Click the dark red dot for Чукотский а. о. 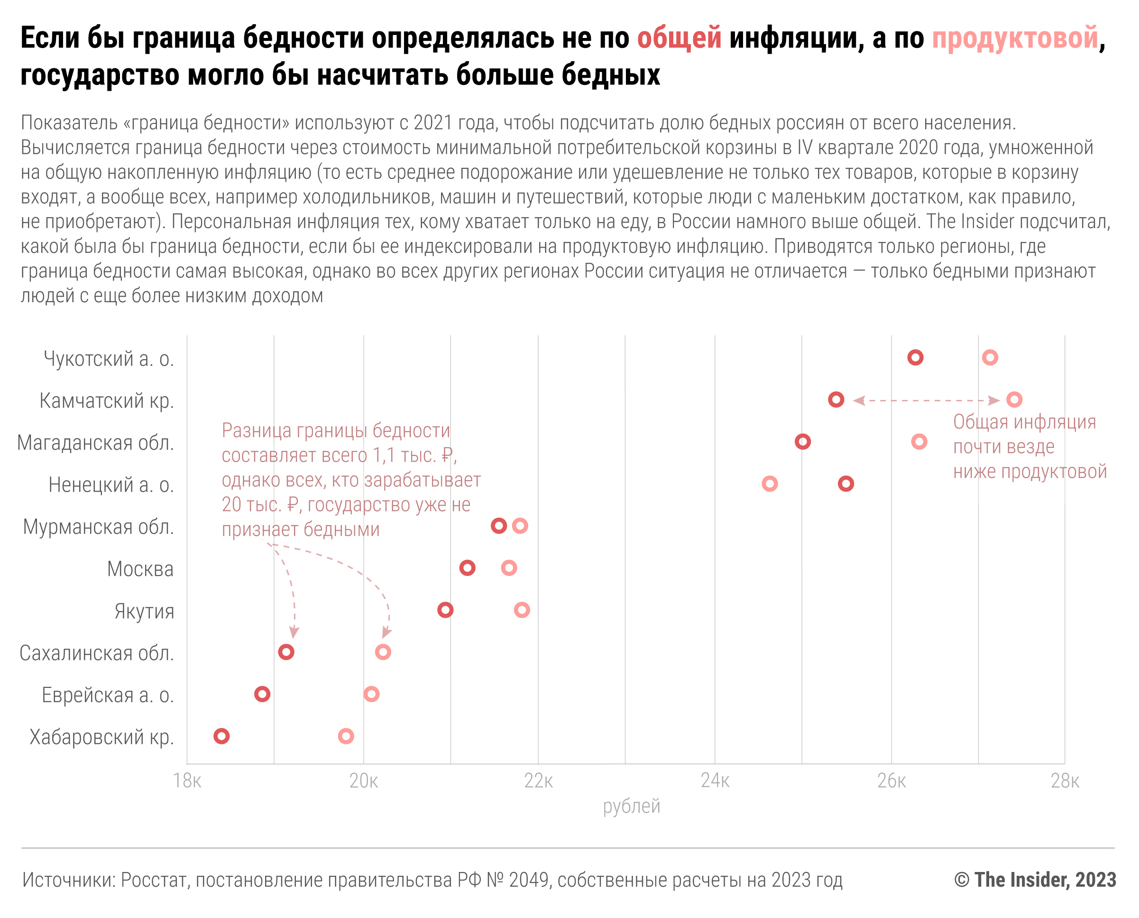915,357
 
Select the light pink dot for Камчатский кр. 1014,399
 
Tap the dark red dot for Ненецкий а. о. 845,483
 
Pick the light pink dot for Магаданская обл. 919,442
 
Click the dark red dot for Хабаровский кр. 221,736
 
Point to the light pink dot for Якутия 522,610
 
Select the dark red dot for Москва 467,568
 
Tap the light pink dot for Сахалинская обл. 383,652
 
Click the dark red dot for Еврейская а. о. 262,694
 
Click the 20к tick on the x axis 364,781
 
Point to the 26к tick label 891,781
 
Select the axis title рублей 632,807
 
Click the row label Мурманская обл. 98,527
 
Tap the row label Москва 140,569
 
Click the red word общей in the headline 679,38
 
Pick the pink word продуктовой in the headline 1014,38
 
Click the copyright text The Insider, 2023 1035,880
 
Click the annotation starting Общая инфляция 1029,447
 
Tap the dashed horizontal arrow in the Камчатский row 926,400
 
